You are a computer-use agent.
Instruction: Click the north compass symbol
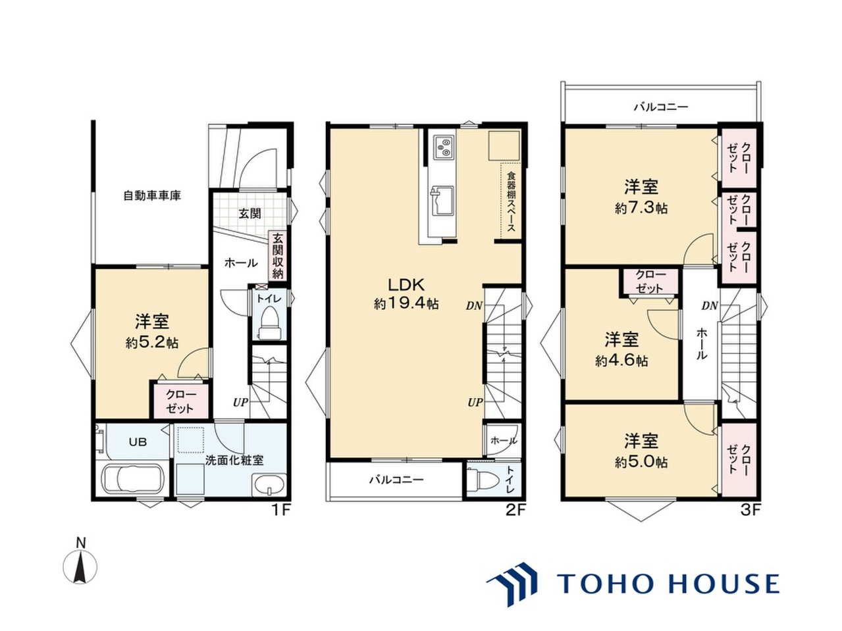(x=80, y=565)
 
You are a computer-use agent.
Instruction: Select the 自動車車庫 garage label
(x=152, y=195)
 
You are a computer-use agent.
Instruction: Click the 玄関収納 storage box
(x=278, y=256)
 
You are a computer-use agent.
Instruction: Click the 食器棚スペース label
(x=511, y=201)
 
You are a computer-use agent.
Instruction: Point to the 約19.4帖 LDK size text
(x=406, y=303)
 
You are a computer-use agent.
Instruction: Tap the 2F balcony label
(x=396, y=479)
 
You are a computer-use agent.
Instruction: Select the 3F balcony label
(x=660, y=107)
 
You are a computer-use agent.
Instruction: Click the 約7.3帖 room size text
(x=641, y=209)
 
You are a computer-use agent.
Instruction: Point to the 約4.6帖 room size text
(x=621, y=361)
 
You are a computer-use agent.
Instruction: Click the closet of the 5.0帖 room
(x=739, y=460)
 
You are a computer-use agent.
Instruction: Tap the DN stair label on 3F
(x=710, y=305)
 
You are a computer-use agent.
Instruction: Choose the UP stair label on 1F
(x=241, y=402)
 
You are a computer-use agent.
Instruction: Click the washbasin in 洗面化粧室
(x=269, y=484)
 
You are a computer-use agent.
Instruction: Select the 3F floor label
(x=750, y=511)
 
